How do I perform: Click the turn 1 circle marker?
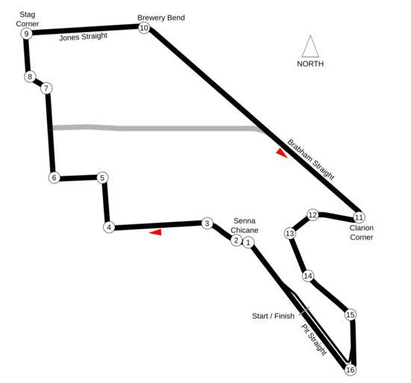pos(248,242)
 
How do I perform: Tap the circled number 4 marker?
pos(109,227)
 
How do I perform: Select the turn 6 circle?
pos(54,178)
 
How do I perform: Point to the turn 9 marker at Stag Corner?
pos(26,34)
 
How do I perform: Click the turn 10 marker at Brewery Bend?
pos(144,28)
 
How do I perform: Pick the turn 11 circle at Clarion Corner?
pos(359,217)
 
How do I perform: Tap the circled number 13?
pos(290,233)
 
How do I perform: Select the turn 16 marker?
pos(350,370)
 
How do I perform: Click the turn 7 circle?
pos(46,89)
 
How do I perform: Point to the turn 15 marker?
pos(350,314)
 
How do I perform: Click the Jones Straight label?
pos(84,37)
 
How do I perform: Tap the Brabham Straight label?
pos(311,159)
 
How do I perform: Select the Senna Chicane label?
pos(244,226)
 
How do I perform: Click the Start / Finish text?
pos(273,316)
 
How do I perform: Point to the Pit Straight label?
pos(314,340)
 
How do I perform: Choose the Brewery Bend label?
pos(161,17)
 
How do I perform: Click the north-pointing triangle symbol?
pos(310,46)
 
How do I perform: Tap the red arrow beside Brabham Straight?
pos(281,153)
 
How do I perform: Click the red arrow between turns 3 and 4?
pos(155,232)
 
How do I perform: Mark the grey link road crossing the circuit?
pos(157,128)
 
